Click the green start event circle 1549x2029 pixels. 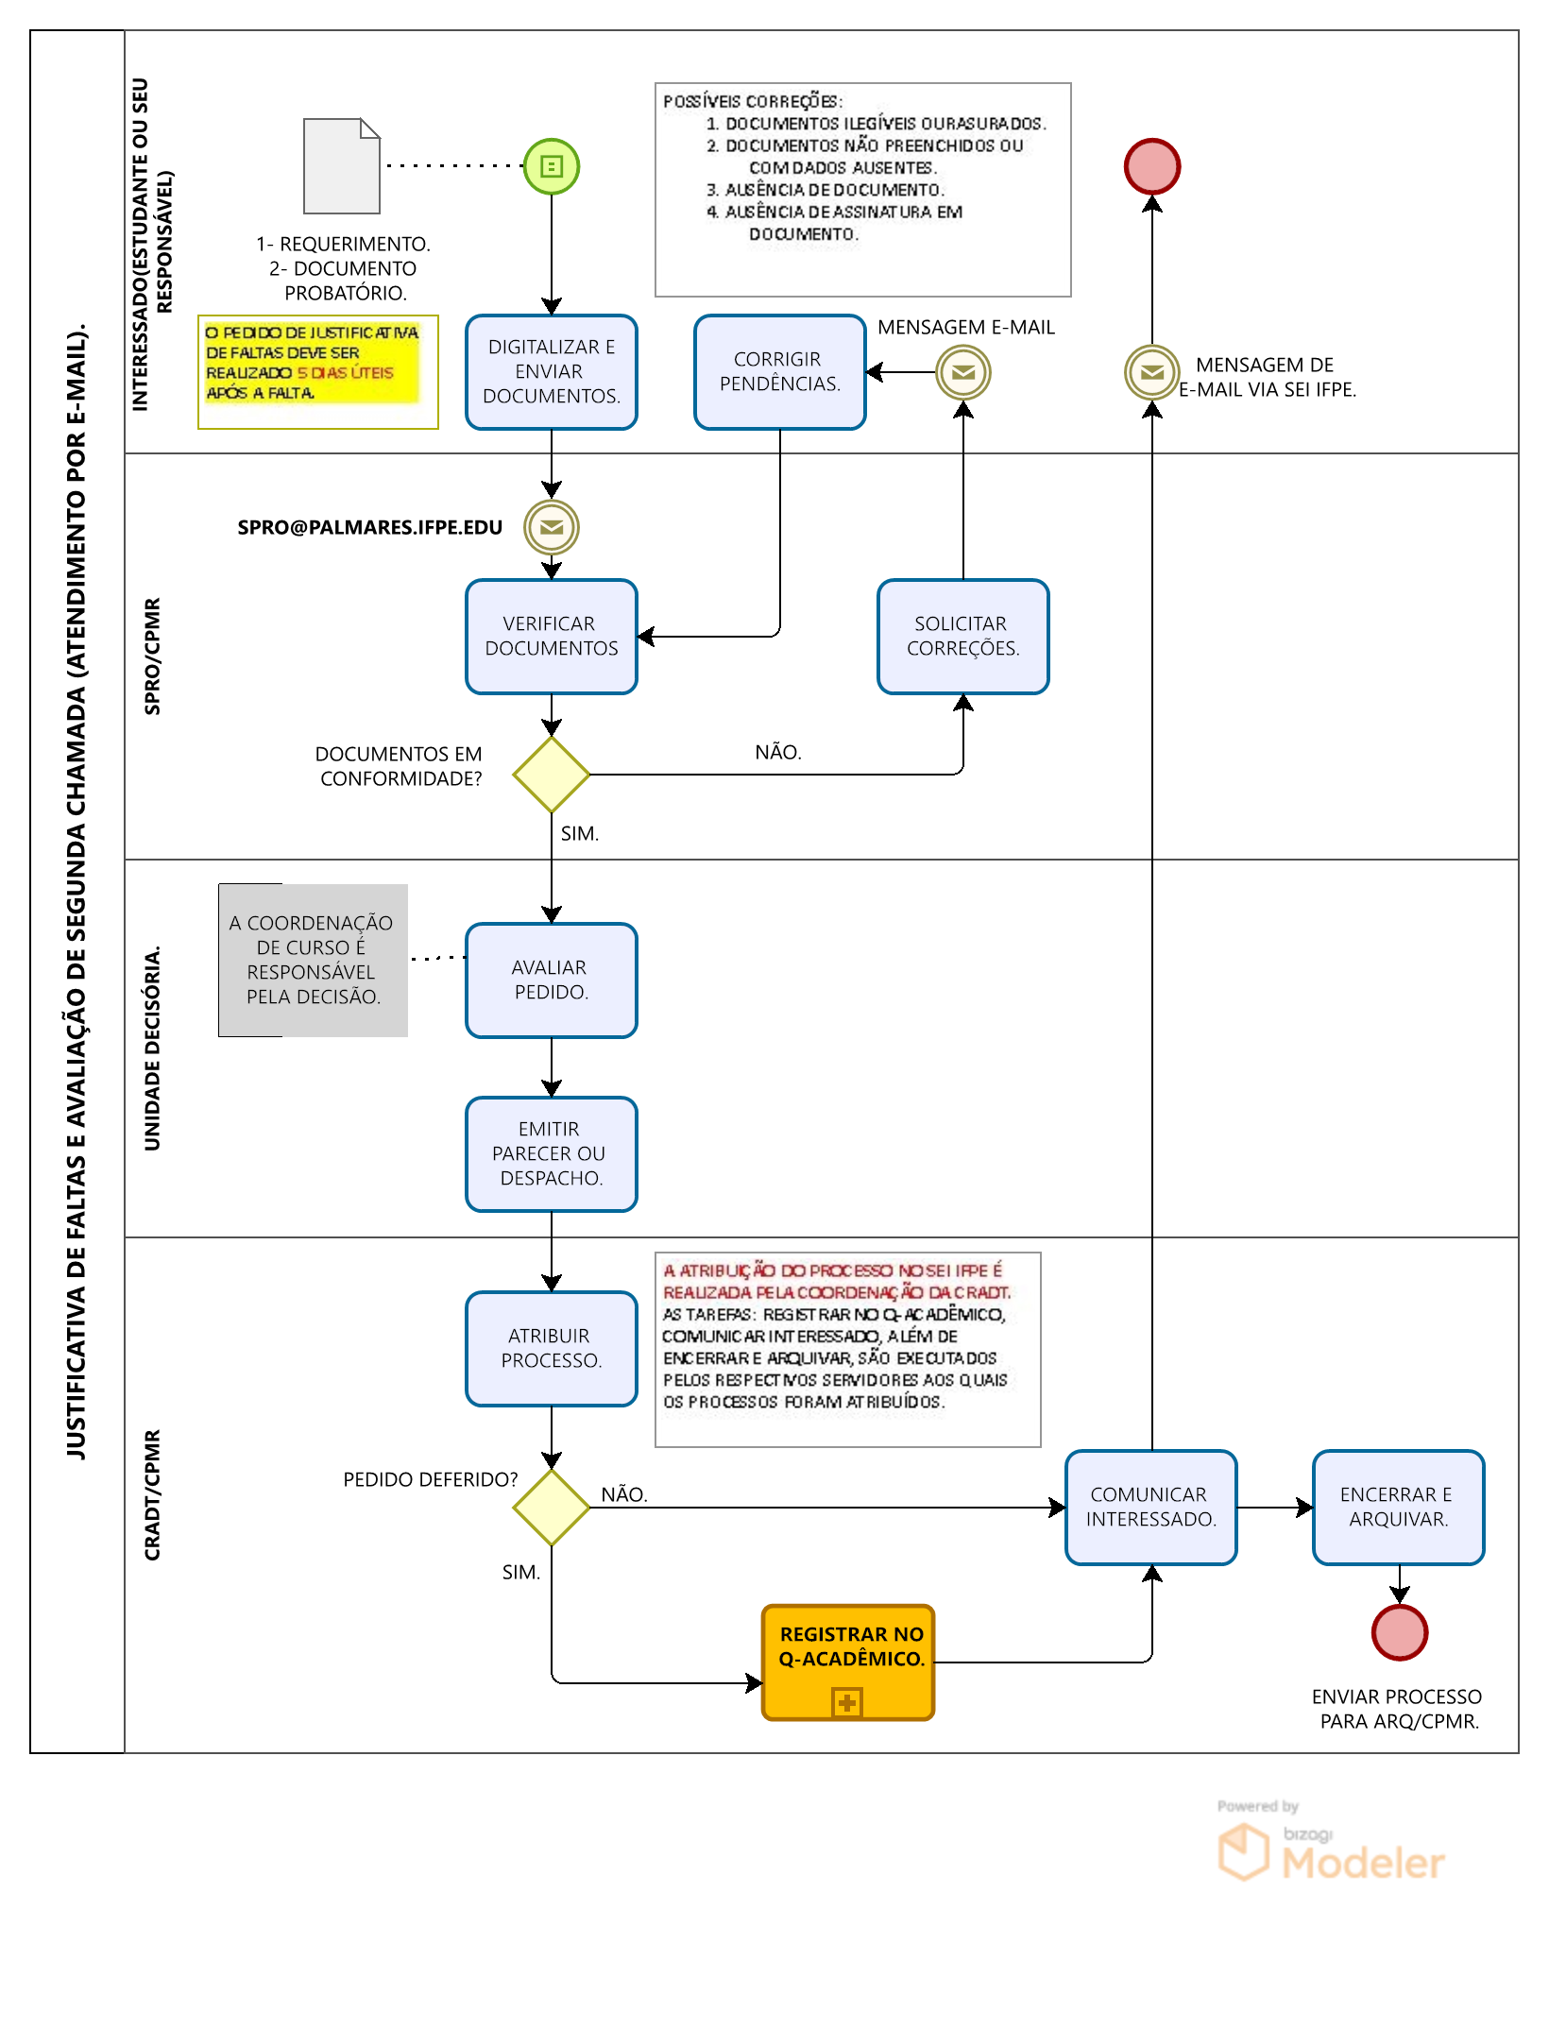click(552, 166)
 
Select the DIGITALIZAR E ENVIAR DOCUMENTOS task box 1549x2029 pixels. click(552, 372)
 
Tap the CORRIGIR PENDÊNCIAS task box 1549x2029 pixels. click(780, 372)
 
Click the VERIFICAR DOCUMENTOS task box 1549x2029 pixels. click(552, 637)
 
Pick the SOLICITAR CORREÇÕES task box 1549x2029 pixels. click(963, 637)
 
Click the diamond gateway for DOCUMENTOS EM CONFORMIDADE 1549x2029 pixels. click(552, 775)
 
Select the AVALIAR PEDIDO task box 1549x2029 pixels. click(552, 980)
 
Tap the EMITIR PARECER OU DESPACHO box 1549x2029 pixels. click(552, 1154)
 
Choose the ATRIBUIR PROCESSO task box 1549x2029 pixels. click(552, 1349)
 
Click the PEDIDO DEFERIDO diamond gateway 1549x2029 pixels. click(552, 1508)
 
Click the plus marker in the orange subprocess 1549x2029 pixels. click(847, 1702)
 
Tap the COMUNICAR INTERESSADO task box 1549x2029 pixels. click(1151, 1508)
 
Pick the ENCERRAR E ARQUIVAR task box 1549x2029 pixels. click(1399, 1508)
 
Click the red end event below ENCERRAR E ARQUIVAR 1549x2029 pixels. click(1400, 1632)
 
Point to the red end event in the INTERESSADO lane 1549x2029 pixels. click(1152, 166)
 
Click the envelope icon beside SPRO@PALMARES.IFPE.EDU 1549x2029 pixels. click(552, 527)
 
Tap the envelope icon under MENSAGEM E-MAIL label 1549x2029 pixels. click(963, 372)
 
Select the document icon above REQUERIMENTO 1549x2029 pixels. click(342, 166)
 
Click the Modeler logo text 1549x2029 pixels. click(1363, 1863)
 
